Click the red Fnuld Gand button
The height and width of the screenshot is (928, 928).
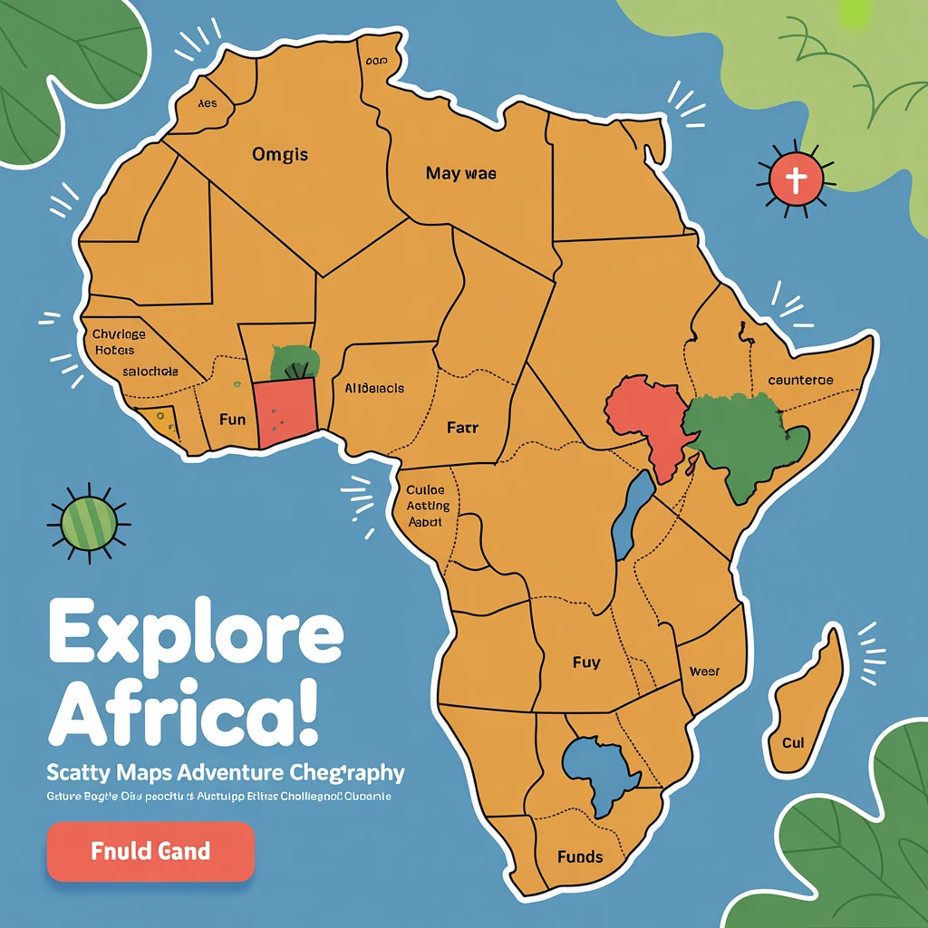[x=150, y=851]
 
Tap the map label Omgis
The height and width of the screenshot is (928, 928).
[x=281, y=155]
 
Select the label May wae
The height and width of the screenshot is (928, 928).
[x=460, y=173]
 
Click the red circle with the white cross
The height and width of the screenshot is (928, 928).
[x=795, y=180]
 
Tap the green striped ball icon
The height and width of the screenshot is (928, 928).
[x=89, y=522]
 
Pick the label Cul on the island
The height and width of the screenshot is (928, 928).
[x=793, y=743]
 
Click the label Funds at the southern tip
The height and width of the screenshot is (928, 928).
[x=580, y=856]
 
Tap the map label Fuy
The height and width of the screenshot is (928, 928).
[x=586, y=662]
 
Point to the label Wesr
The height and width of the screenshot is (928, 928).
[x=704, y=672]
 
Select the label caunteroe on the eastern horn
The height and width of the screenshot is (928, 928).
[x=800, y=381]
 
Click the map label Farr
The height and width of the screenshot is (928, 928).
[x=462, y=427]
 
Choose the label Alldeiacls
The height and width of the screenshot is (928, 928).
[x=374, y=388]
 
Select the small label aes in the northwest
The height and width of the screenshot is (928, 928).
[x=208, y=103]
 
